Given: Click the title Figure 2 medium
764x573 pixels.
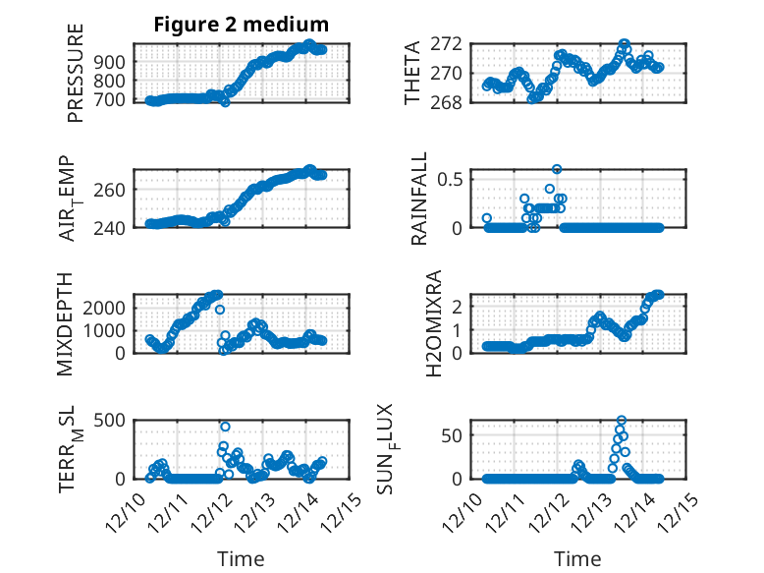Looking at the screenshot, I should pyautogui.click(x=242, y=24).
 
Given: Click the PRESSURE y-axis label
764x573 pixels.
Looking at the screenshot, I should pyautogui.click(x=76, y=74).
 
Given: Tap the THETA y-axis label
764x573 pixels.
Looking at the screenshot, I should pyautogui.click(x=412, y=74).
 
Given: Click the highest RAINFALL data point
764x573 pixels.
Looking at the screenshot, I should pyautogui.click(x=557, y=169).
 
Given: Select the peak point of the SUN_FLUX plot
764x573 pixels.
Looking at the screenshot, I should pyautogui.click(x=622, y=420).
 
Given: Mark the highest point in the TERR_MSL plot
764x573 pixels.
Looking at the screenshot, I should pyautogui.click(x=225, y=427).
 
